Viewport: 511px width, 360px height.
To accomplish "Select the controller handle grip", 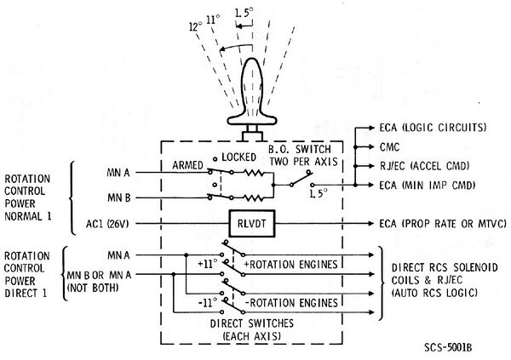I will tap(253, 89).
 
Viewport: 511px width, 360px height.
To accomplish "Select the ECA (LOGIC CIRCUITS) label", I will tap(433, 128).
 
